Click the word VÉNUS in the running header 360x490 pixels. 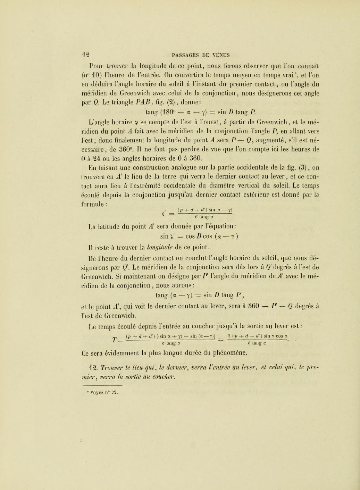[x=220, y=55]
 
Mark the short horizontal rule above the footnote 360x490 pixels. [x=101, y=385]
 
